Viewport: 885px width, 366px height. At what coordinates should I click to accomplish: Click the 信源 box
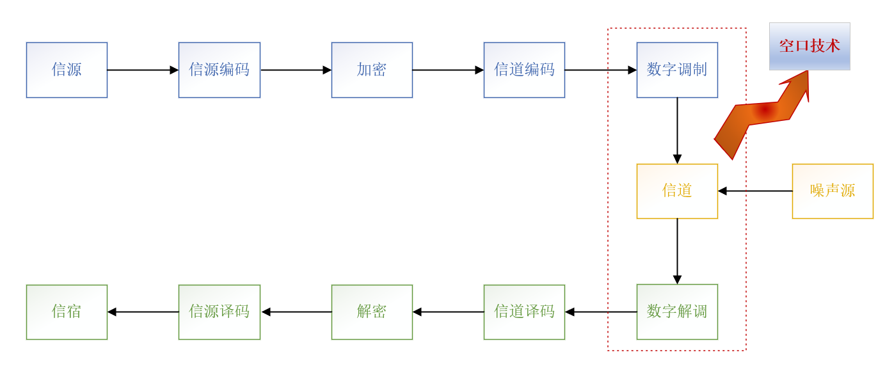67,70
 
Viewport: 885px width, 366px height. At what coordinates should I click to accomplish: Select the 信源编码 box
219,70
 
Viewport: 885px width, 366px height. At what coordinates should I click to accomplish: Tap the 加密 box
372,70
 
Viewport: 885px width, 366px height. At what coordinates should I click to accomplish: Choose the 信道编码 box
524,70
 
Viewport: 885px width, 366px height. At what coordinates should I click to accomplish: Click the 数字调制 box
677,70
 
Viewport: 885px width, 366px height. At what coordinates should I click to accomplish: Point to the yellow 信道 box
677,191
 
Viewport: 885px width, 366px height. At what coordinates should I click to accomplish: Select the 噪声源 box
833,191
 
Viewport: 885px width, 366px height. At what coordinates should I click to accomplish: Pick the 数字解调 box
677,312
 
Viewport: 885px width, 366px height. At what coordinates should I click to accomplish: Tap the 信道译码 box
524,312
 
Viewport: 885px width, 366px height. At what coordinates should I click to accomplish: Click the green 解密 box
372,312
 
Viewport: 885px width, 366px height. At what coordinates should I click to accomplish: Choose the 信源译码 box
219,312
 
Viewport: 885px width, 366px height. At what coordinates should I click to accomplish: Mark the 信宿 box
67,312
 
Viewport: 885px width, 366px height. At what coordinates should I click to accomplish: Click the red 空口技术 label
809,46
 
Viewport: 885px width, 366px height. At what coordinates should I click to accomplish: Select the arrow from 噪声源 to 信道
755,191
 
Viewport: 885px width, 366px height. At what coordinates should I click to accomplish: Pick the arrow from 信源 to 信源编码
143,70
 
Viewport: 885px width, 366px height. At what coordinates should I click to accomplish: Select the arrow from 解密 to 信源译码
296,312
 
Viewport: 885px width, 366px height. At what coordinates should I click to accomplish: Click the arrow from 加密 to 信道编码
448,70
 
